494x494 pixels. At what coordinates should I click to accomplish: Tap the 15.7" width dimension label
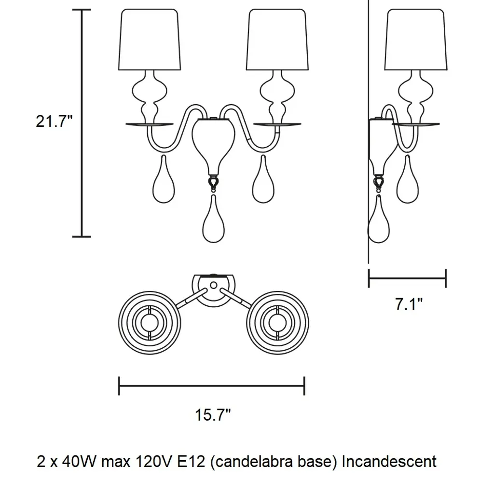(213, 414)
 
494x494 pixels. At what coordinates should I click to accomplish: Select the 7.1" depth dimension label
(409, 304)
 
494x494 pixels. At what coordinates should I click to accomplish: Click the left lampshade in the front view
(150, 41)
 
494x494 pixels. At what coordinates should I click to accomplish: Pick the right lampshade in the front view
(277, 41)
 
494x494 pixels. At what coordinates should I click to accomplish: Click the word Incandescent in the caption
(389, 461)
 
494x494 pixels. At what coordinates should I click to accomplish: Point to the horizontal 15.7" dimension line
(211, 385)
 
